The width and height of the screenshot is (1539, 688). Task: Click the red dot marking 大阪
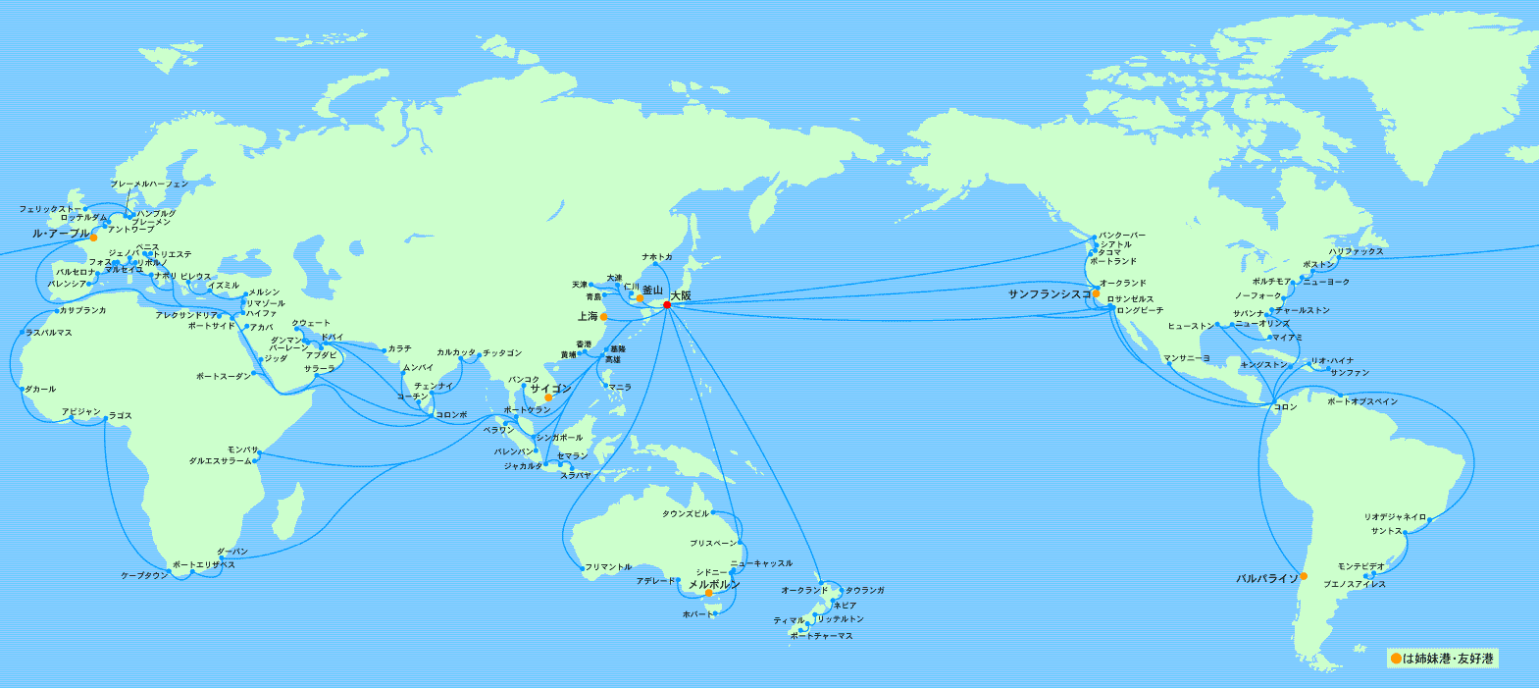(667, 304)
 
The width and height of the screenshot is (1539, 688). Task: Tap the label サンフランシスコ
(1049, 294)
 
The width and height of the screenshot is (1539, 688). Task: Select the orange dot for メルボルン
(708, 593)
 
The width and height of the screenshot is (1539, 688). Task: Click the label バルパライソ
(1266, 579)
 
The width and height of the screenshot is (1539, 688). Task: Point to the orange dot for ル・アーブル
(93, 238)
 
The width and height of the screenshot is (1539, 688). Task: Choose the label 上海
(588, 317)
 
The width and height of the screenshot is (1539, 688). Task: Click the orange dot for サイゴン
(549, 397)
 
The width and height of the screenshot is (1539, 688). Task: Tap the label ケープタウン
(144, 576)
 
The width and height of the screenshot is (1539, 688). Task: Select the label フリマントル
(608, 567)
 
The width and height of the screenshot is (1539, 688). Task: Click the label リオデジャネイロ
(1395, 517)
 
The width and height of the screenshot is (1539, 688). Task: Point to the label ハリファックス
(1356, 252)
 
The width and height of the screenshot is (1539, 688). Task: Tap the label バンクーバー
(1121, 237)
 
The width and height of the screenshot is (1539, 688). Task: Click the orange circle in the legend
(1395, 659)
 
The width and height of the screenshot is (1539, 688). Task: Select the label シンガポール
(559, 438)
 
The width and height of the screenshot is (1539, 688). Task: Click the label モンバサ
(241, 450)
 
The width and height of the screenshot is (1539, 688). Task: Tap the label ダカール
(40, 390)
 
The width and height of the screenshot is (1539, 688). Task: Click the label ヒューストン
(1190, 326)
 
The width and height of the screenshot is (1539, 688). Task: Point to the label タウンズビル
(685, 513)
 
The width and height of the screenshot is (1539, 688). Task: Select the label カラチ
(399, 349)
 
